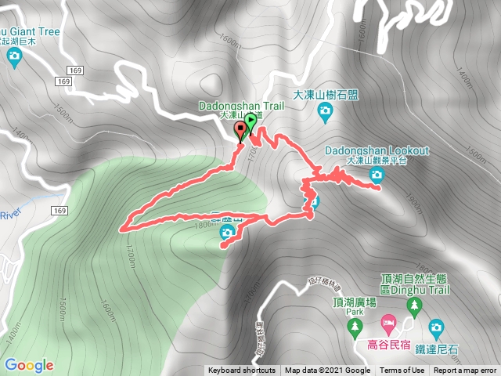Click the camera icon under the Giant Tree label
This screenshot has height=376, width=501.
[x=14, y=56]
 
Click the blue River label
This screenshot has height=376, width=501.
[x=9, y=215]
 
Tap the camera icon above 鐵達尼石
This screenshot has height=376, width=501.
[x=436, y=325]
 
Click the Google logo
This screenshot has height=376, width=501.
[x=28, y=365]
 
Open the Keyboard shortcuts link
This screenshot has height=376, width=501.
[x=241, y=371]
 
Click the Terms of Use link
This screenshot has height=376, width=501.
[x=402, y=371]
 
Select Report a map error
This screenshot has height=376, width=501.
[x=465, y=371]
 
